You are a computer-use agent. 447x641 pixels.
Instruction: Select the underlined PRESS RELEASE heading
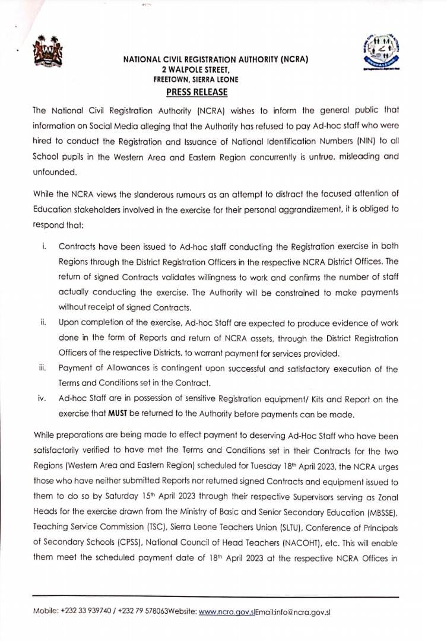[x=196, y=93]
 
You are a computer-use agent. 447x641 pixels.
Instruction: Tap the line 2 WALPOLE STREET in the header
[x=196, y=69]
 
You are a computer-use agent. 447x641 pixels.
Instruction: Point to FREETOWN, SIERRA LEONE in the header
[x=196, y=79]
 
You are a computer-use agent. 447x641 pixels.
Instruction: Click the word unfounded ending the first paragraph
[x=54, y=172]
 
